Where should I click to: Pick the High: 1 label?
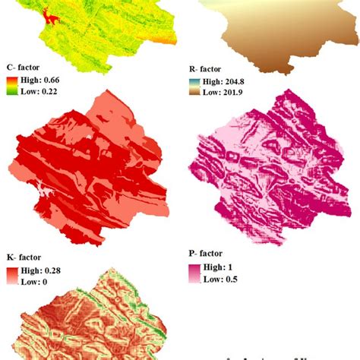point(221,267)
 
